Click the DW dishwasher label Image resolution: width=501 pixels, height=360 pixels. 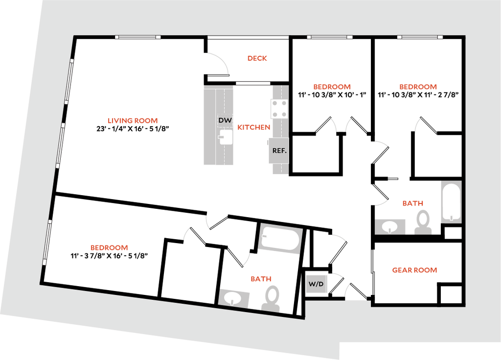(x=226, y=120)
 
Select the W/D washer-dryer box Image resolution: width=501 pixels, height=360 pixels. (x=317, y=284)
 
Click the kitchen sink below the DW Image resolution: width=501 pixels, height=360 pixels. (x=226, y=137)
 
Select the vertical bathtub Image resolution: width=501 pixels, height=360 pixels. (x=451, y=202)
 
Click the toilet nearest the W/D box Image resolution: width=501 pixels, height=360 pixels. (x=271, y=299)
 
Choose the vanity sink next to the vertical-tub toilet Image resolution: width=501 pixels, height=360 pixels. (x=390, y=226)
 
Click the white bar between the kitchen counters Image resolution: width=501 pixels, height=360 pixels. (x=252, y=83)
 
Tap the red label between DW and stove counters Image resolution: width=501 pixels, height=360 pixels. (x=253, y=128)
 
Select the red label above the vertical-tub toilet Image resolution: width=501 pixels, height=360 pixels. (x=412, y=203)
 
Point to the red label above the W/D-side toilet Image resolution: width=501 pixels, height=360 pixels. (x=261, y=279)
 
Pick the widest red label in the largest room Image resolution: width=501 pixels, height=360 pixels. (x=133, y=120)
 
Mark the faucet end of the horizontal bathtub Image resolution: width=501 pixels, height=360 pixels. (x=264, y=237)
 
